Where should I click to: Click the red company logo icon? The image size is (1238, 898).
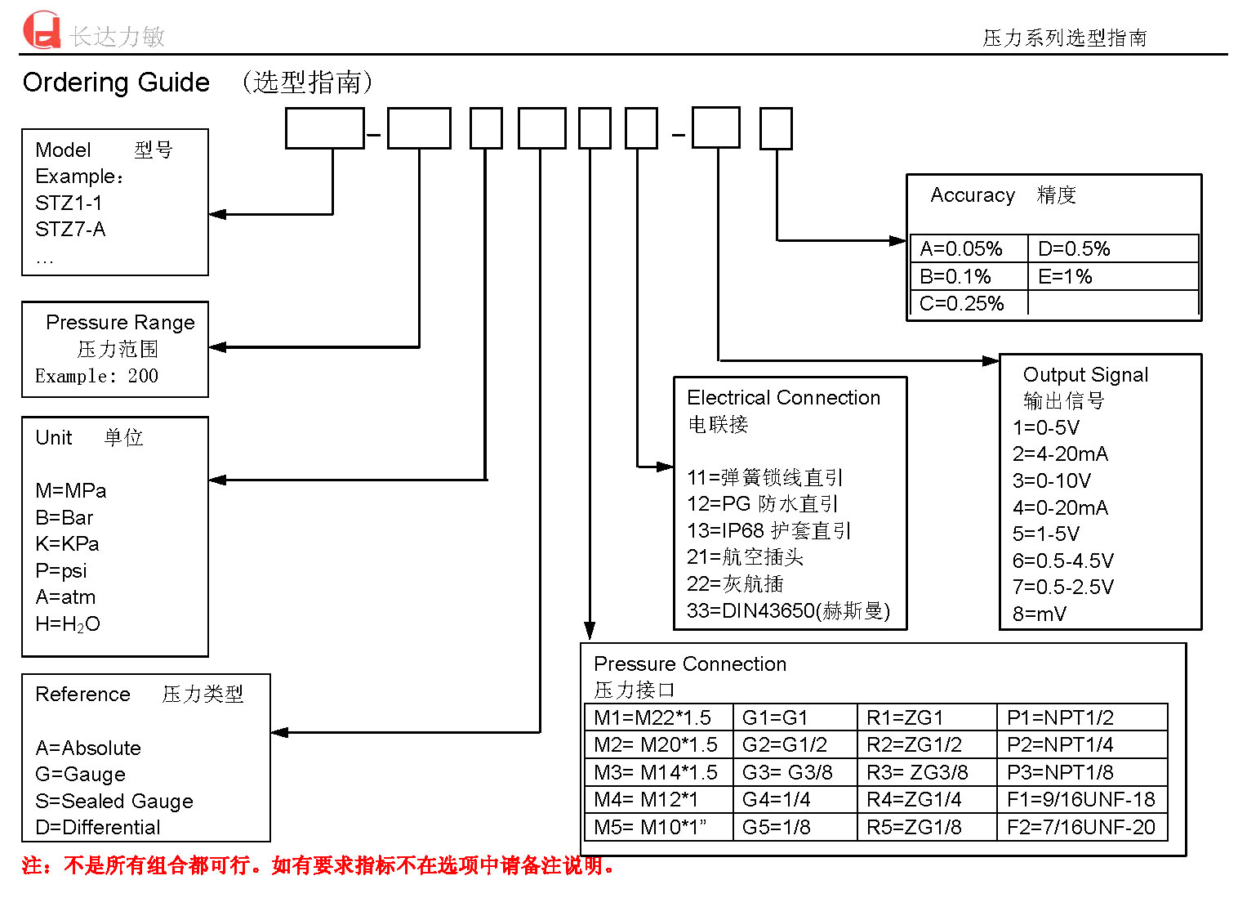42,30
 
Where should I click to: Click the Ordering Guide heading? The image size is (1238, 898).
116,83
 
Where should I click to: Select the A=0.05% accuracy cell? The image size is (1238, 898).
961,248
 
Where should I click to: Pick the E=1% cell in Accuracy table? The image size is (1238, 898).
1065,276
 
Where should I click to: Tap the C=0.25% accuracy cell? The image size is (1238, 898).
961,304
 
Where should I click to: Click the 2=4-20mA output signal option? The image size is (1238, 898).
1060,454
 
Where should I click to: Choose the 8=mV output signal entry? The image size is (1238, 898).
1039,614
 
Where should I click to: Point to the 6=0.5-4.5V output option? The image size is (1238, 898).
1062,561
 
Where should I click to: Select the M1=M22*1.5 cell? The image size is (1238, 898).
652,717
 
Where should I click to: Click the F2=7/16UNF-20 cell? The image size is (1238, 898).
1080,827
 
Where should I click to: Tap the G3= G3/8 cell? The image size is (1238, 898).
787,772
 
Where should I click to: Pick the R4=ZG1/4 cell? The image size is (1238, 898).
914,799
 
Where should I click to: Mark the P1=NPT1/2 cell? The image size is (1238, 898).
1060,717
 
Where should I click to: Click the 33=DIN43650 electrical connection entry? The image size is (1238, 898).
788,610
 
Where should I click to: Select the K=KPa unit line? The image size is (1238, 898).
67,544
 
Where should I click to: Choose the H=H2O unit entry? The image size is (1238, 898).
67,624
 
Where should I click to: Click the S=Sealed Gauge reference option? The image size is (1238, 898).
114,801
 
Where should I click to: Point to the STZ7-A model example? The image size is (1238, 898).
70,230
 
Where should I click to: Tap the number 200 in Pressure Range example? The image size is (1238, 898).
143,376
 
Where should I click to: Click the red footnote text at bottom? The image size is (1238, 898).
318,865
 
